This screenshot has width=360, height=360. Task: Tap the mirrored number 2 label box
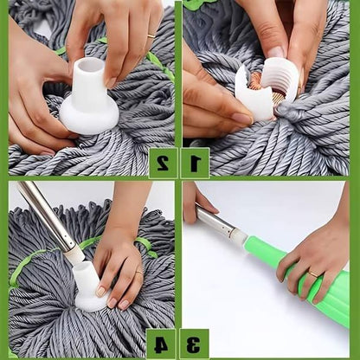[x=164, y=161]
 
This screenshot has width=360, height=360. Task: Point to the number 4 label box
[x=164, y=341]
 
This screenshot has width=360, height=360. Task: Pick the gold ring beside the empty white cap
[x=151, y=36]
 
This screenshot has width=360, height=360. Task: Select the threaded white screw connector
[x=279, y=79]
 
